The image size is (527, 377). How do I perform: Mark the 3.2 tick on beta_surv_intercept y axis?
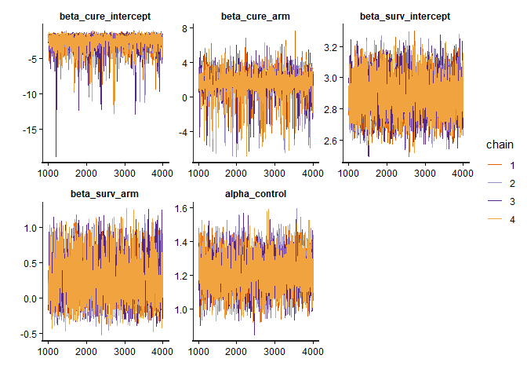(x=333, y=47)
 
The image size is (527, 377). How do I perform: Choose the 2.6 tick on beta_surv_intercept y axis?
(x=333, y=141)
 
